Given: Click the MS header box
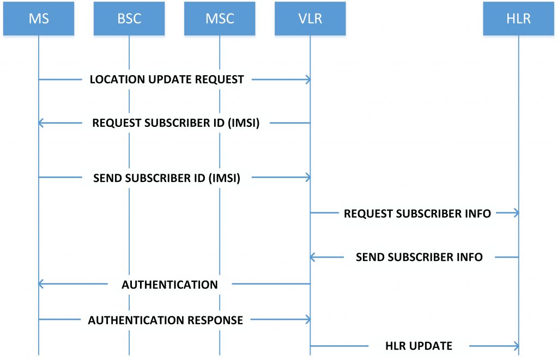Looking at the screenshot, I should (x=39, y=18).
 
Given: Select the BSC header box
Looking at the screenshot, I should (x=129, y=18).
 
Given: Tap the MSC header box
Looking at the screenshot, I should (x=220, y=18).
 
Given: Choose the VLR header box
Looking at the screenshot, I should (x=310, y=18).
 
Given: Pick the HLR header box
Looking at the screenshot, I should (x=518, y=18).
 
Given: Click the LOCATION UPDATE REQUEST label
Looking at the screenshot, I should (x=167, y=80).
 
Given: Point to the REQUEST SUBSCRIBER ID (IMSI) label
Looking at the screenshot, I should (x=175, y=123).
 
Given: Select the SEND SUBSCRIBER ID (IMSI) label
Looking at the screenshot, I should (x=167, y=178).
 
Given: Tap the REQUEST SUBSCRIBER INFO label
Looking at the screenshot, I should (x=417, y=213).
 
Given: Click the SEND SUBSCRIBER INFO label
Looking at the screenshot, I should (x=419, y=257).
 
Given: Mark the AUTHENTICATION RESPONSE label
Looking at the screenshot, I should (x=165, y=320).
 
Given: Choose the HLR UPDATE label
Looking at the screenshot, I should (x=418, y=346).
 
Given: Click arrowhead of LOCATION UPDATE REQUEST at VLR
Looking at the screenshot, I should (x=308, y=80).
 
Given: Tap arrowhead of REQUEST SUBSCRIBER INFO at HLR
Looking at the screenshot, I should (x=515, y=213).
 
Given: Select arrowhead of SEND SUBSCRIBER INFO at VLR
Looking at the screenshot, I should (x=313, y=257).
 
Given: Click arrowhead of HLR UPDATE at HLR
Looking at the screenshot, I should (x=515, y=346).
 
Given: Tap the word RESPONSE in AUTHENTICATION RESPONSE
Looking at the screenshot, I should (x=216, y=320).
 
